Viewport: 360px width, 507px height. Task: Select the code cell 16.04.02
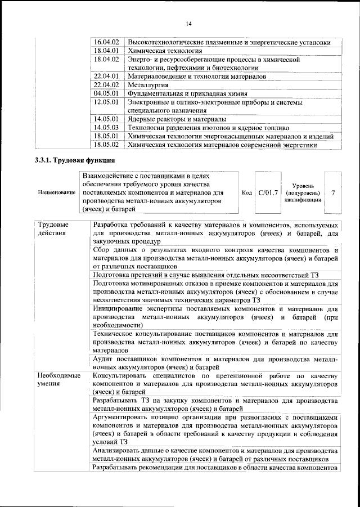[106, 42]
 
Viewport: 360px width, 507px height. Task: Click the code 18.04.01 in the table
[106, 50]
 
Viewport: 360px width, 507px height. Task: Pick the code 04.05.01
[106, 93]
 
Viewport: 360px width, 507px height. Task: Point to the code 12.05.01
[106, 102]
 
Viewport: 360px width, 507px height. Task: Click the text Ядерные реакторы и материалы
[177, 119]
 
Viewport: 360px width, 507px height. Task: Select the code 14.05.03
[106, 128]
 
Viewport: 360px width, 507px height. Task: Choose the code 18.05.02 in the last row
[106, 145]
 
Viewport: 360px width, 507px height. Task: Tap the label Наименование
[57, 192]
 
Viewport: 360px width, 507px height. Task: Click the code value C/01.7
[268, 192]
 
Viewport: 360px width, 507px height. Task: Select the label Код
[246, 192]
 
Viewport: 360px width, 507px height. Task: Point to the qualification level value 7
[334, 192]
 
